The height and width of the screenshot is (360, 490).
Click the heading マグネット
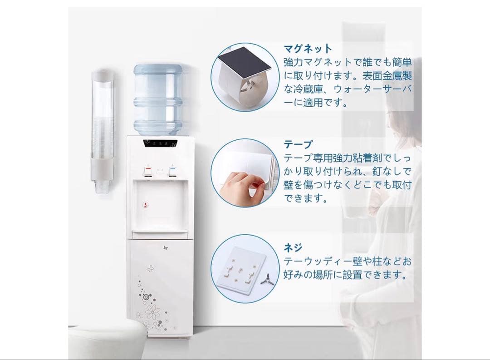(308, 49)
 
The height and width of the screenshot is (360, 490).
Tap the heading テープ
(298, 144)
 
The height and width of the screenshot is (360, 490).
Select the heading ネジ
(293, 247)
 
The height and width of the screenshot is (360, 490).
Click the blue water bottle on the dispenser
(158, 99)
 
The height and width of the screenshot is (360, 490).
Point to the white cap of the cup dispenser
(102, 74)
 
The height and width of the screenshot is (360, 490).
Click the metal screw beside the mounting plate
(267, 279)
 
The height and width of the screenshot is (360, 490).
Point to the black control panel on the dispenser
(160, 143)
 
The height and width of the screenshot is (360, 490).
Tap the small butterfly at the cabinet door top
(166, 248)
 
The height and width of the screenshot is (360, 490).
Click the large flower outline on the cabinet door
(152, 311)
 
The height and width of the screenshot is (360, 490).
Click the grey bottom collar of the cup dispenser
(102, 169)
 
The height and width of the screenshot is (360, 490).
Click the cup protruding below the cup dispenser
(102, 187)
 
